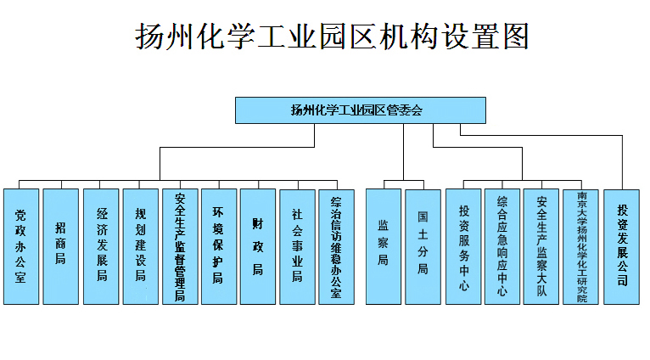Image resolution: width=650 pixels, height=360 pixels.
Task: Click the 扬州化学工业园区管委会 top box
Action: (361, 110)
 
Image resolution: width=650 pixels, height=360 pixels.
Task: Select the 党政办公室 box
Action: (21, 246)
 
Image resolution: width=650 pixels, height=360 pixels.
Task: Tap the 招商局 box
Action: (60, 246)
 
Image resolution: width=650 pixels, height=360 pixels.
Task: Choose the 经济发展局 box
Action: (100, 246)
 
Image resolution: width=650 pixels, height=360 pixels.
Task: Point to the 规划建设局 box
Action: (140, 246)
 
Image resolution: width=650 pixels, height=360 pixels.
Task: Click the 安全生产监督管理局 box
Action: (180, 246)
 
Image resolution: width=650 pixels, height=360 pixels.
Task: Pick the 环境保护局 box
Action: (219, 246)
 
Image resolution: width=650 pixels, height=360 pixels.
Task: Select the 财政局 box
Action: (258, 246)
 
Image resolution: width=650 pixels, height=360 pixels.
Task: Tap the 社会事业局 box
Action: (297, 246)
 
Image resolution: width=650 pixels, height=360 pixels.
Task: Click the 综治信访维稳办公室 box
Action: (336, 246)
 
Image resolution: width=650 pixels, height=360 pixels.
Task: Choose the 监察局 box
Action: (384, 246)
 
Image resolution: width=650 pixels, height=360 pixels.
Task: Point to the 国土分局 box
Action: (423, 246)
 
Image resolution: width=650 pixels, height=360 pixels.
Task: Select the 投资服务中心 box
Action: (463, 246)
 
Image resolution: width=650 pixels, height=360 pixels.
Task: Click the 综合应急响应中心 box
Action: (502, 246)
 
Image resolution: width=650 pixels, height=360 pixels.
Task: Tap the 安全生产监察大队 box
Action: (541, 246)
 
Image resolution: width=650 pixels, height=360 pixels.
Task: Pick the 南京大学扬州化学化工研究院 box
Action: (580, 246)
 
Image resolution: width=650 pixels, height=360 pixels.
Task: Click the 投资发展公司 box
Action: (622, 246)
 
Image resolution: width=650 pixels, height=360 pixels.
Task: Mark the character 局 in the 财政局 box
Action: (258, 270)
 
